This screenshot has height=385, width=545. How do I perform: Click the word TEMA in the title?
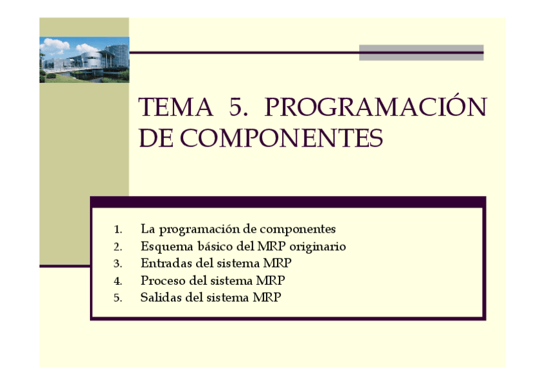(175, 107)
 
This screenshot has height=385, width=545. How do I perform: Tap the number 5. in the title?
(238, 107)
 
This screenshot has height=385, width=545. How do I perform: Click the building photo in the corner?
(84, 59)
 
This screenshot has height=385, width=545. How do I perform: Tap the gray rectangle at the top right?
(421, 53)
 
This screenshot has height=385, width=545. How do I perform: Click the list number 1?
(118, 229)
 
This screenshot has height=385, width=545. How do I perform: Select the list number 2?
(118, 247)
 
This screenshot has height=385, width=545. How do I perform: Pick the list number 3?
(118, 264)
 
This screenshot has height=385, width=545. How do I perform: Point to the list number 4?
(118, 282)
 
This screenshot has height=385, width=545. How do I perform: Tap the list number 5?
(118, 298)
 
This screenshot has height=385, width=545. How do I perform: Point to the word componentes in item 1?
(299, 229)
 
